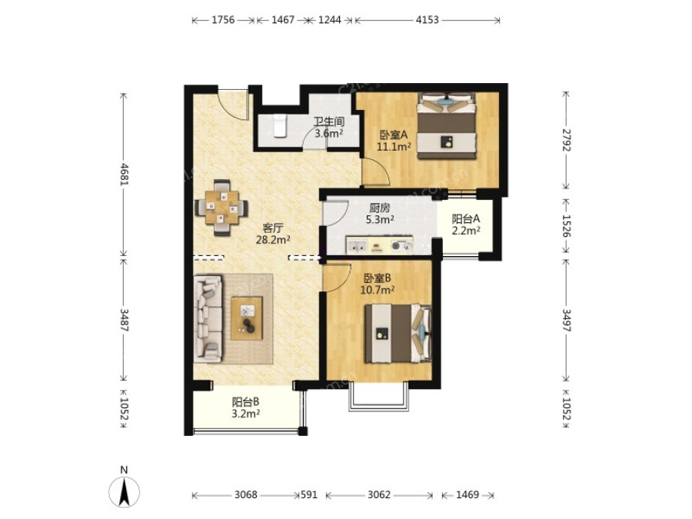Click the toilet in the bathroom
click(280, 125)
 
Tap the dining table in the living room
click(221, 207)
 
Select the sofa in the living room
click(208, 320)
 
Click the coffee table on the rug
click(247, 318)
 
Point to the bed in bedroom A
click(447, 125)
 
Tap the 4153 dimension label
click(428, 20)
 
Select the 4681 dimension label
click(125, 174)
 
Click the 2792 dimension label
click(567, 140)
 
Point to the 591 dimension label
click(309, 494)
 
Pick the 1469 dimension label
click(467, 494)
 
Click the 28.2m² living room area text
click(273, 240)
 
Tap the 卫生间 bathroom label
click(329, 121)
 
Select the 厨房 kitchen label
click(380, 208)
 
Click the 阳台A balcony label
click(466, 218)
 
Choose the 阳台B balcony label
click(246, 402)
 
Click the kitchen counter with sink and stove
click(380, 245)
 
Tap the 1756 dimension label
click(223, 20)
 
